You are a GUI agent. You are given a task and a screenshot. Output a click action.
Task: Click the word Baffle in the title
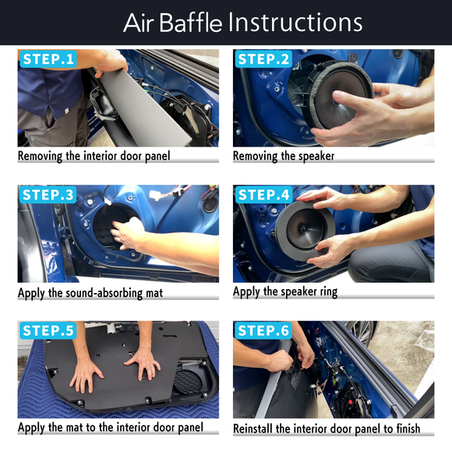191,23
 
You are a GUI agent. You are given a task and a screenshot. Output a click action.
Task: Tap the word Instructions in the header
295,22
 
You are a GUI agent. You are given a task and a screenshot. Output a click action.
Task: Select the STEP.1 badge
48,59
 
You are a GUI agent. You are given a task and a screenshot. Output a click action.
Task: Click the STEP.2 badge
263,59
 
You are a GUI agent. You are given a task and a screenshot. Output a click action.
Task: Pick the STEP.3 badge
48,195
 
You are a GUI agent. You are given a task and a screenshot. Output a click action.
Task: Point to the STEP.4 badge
263,195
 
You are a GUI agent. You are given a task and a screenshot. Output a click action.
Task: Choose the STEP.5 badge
48,330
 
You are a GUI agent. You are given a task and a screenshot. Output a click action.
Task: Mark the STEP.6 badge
263,330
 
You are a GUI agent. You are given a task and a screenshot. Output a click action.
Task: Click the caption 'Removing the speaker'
284,156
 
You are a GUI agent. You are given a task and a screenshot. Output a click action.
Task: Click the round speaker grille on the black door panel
188,381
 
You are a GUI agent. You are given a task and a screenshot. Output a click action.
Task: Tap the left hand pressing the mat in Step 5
86,374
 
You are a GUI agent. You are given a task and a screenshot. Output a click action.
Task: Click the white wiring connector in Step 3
155,195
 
